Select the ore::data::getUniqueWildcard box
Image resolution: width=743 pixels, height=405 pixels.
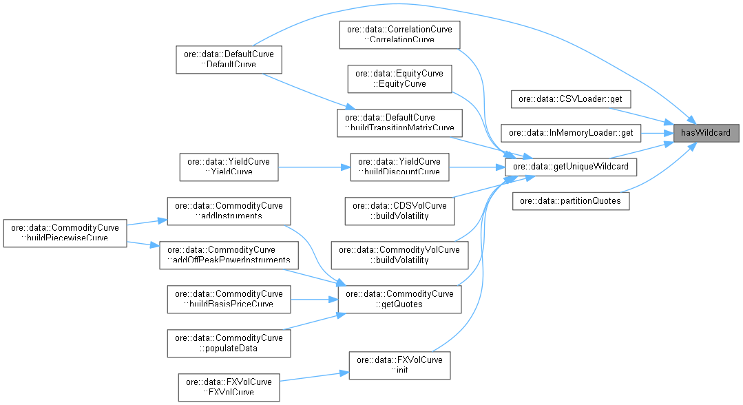click(x=566, y=166)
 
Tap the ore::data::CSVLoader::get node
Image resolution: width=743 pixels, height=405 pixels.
click(x=570, y=99)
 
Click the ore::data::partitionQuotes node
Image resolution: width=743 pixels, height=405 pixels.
click(x=570, y=201)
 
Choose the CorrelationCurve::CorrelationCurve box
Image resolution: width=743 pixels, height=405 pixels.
click(x=399, y=34)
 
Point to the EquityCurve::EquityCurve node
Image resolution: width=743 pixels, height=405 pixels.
click(x=399, y=79)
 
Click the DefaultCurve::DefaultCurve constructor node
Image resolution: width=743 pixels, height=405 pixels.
click(x=229, y=59)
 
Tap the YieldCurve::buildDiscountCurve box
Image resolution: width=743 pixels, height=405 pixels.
click(x=399, y=166)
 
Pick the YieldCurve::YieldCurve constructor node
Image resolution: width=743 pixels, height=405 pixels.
click(x=229, y=166)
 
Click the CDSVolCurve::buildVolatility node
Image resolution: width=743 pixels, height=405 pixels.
click(x=399, y=210)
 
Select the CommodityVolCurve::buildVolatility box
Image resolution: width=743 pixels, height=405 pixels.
click(x=399, y=254)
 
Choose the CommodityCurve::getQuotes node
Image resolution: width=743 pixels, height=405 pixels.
click(x=399, y=298)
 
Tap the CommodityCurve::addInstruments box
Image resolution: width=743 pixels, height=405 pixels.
click(x=229, y=210)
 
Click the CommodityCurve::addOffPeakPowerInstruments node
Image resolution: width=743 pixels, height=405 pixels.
click(x=229, y=254)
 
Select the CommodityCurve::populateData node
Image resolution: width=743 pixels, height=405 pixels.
click(x=229, y=342)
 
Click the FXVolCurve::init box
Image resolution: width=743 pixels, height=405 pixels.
click(x=399, y=364)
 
